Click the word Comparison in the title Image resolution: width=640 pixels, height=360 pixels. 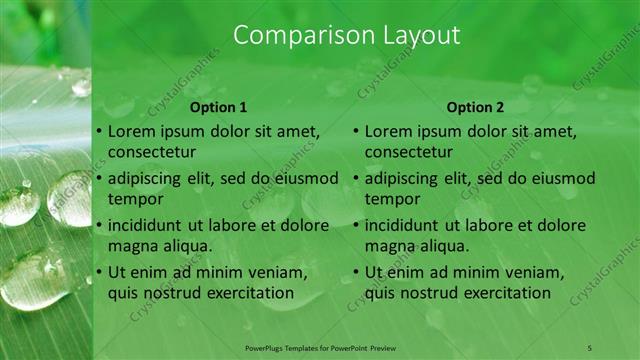[x=297, y=36]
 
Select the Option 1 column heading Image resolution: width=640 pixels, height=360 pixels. [x=219, y=107]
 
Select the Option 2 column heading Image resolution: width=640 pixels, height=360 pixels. [x=476, y=107]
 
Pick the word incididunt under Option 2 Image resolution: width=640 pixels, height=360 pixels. [x=407, y=225]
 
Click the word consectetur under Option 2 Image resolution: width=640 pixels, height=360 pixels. [x=408, y=152]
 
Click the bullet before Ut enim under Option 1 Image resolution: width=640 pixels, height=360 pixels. [x=98, y=272]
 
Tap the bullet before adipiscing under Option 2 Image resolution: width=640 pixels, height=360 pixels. [x=355, y=179]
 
